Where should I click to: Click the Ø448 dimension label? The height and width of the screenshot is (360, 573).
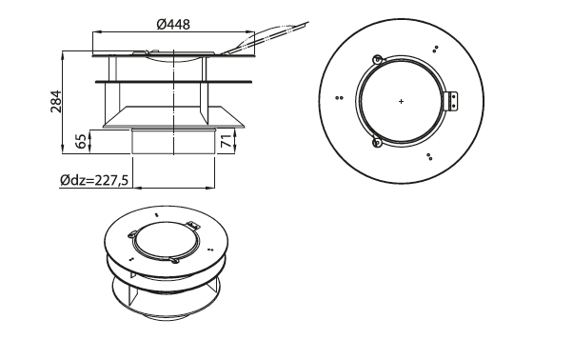(x=173, y=25)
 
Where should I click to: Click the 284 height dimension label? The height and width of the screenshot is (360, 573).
(x=56, y=101)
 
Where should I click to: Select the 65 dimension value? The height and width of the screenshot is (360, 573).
(x=82, y=142)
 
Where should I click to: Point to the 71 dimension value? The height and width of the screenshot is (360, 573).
(x=227, y=141)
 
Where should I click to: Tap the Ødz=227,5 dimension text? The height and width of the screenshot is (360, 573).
(x=94, y=180)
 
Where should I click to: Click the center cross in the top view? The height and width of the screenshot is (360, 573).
(x=402, y=101)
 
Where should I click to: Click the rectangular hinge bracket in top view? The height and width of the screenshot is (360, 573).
(x=453, y=101)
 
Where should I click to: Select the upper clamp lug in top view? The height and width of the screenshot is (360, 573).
(x=377, y=60)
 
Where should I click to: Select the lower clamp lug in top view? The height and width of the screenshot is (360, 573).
(x=377, y=142)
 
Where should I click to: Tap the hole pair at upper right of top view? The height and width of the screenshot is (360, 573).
(x=435, y=49)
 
